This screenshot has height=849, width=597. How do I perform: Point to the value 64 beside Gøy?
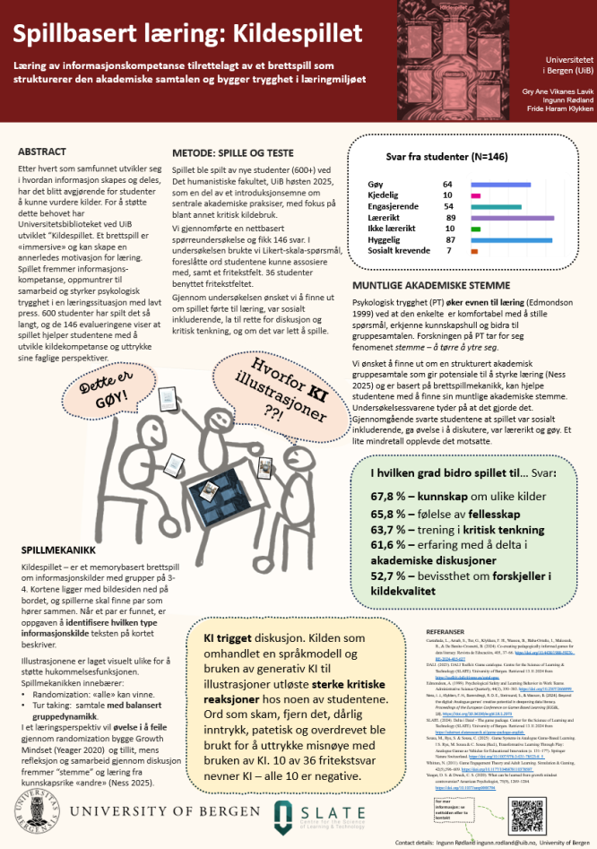447,184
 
